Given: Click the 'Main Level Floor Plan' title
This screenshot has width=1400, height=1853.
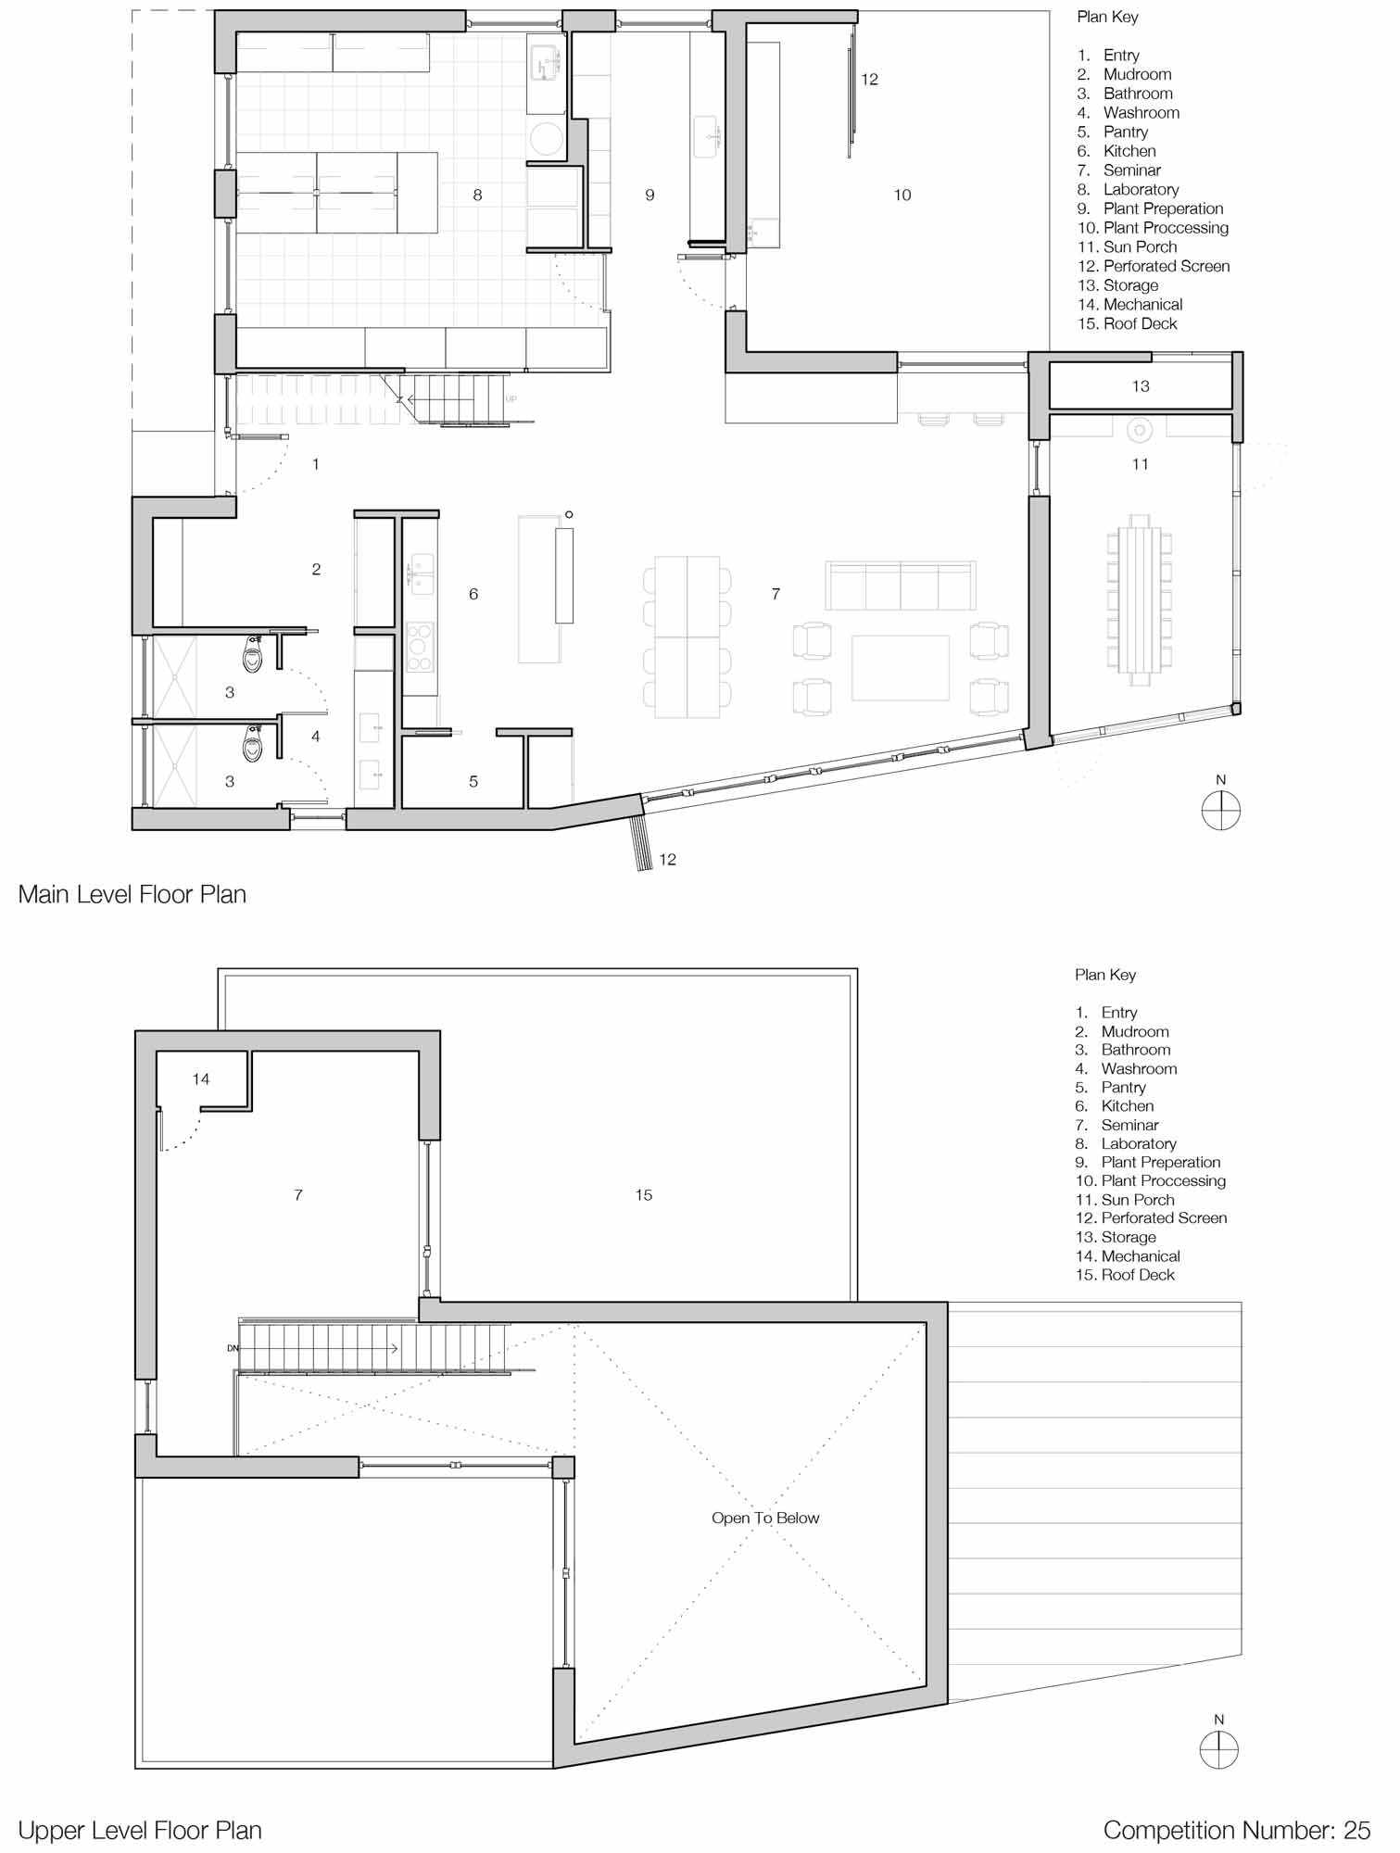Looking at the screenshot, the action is point(132,894).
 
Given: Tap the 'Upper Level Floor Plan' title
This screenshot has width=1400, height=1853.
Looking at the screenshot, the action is point(140,1830).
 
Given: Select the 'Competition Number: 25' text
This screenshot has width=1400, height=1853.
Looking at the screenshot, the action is point(1236,1830).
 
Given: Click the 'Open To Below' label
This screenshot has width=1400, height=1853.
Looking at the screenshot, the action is point(765,1518).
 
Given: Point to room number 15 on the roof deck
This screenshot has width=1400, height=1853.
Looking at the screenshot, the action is point(643,1195).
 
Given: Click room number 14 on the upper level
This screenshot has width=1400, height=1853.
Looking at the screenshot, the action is point(201,1078).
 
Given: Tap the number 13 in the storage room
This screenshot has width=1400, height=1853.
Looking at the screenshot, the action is point(1140,385).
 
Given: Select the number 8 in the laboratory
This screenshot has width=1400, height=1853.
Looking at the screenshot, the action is point(477,195).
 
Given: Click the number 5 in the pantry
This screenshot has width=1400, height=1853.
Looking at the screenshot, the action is point(473,781).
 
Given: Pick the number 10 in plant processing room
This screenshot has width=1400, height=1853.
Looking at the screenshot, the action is point(902,195).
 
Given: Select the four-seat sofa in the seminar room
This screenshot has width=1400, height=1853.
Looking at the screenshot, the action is point(900,585).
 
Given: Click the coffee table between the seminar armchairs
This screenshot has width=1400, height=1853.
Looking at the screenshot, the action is point(900,667).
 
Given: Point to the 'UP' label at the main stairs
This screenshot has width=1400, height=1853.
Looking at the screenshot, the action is point(511,399).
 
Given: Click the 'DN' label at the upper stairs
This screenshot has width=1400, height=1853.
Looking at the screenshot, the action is point(233,1348).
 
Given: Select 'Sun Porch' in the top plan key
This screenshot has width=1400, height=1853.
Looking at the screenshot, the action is point(1140,246).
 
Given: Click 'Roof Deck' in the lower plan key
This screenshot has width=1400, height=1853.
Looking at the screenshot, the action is point(1138,1275).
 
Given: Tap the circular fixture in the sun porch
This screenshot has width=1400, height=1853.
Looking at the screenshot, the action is point(1139,430).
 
